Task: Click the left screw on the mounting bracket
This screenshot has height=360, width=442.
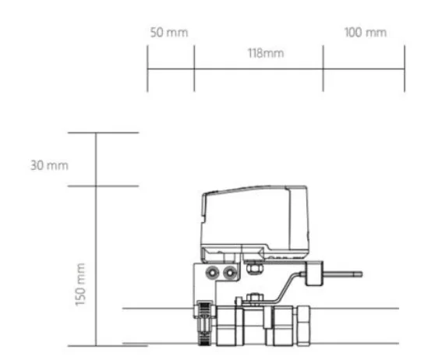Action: point(213,273)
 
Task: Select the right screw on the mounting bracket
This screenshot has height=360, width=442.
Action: point(229,273)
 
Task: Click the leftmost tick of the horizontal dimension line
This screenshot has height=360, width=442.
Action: point(147,69)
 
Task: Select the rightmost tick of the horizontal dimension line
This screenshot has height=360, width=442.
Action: point(404,69)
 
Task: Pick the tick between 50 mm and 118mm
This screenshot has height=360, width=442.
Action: point(194,69)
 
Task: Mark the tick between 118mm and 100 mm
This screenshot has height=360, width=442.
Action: point(323,69)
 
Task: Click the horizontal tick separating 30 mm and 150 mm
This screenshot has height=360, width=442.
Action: point(96,186)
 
